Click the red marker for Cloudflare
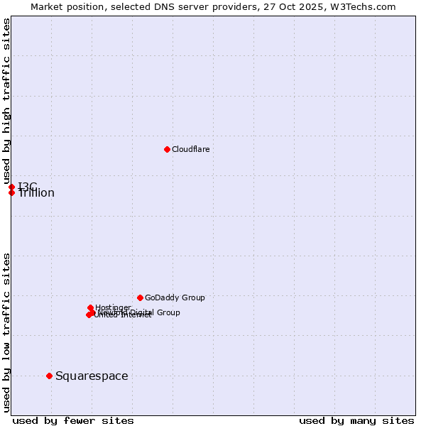click(167, 149)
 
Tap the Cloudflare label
click(190, 149)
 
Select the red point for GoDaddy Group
click(140, 297)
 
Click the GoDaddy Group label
click(175, 297)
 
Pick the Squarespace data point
click(49, 376)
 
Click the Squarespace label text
click(92, 376)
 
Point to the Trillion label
click(36, 193)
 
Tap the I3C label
click(28, 186)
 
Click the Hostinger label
click(113, 307)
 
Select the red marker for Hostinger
click(90, 307)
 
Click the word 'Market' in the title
click(47, 6)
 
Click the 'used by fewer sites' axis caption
click(73, 420)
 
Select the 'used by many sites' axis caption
click(356, 420)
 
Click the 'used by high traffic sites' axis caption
click(7, 100)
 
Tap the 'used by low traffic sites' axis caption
click(7, 332)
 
